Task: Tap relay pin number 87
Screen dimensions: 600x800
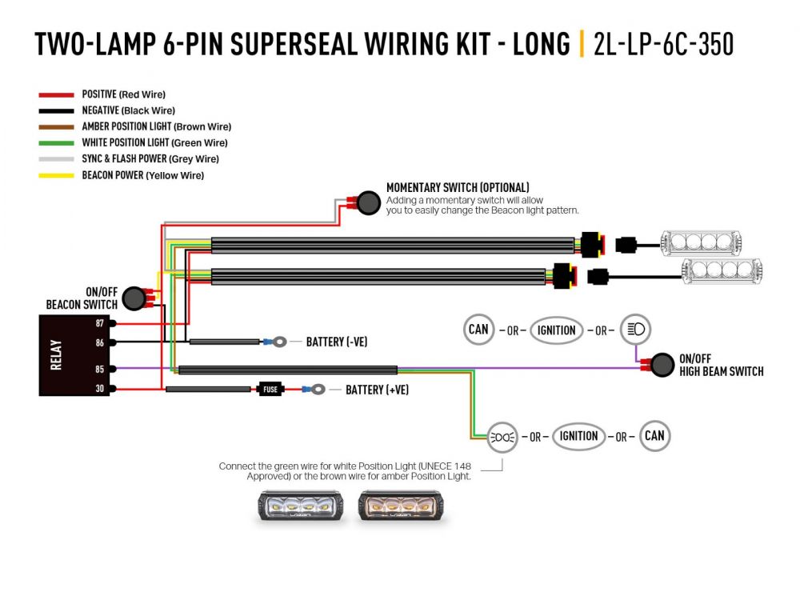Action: pyautogui.click(x=99, y=323)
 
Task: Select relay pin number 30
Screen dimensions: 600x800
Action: pyautogui.click(x=99, y=389)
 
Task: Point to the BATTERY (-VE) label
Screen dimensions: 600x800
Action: pyautogui.click(x=337, y=342)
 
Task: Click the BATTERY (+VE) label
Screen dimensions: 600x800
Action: pyautogui.click(x=377, y=390)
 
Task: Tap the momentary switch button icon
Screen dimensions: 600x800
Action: pyautogui.click(x=367, y=203)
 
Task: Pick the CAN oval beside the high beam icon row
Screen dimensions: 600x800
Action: pyautogui.click(x=478, y=330)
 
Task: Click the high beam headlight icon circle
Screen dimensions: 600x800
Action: pyautogui.click(x=636, y=330)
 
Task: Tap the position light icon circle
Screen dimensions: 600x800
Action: pyautogui.click(x=502, y=437)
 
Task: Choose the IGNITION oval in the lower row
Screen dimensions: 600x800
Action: pyautogui.click(x=579, y=436)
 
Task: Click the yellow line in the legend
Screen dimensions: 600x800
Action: pyautogui.click(x=56, y=175)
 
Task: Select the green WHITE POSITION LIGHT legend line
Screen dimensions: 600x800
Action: pyautogui.click(x=56, y=142)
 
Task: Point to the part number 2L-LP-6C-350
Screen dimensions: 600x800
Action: pyautogui.click(x=663, y=45)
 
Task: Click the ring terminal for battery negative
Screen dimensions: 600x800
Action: pyautogui.click(x=279, y=342)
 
